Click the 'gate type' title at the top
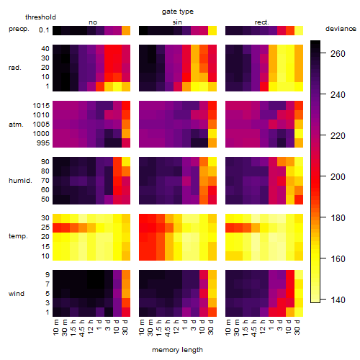(x=178, y=12)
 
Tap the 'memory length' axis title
(x=177, y=350)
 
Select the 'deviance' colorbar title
(x=341, y=29)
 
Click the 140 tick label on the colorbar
(x=338, y=300)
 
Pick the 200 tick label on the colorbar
(x=338, y=177)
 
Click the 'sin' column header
(x=177, y=22)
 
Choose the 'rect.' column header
(x=261, y=22)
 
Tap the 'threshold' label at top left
(x=40, y=17)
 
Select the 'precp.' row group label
(x=19, y=29)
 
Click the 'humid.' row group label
(x=20, y=181)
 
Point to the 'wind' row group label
(x=17, y=294)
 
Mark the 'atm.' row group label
(x=16, y=125)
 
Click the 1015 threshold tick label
(x=41, y=105)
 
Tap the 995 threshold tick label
(x=43, y=143)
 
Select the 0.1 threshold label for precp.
(x=44, y=30)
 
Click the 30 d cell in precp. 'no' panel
(x=126, y=31)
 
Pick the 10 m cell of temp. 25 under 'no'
(x=57, y=228)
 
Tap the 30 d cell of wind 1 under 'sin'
(x=212, y=312)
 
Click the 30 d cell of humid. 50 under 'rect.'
(x=299, y=199)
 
